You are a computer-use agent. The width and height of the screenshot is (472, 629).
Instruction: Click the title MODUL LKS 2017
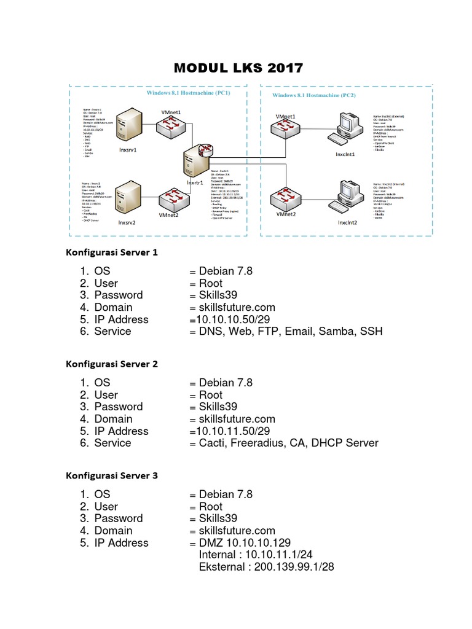[x=238, y=68]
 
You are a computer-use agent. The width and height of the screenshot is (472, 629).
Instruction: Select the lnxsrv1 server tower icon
[x=128, y=126]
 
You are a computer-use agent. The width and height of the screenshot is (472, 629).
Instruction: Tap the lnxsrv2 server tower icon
[x=130, y=198]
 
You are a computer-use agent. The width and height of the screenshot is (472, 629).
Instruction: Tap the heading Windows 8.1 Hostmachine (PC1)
[x=188, y=94]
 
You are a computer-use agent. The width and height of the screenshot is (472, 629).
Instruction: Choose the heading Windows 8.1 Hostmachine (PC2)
[x=314, y=95]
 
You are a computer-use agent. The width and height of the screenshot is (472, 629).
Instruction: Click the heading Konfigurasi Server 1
[x=112, y=252]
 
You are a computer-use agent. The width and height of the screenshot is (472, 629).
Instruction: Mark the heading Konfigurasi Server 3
[x=112, y=475]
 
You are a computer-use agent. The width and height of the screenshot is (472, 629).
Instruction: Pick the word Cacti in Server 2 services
[x=213, y=443]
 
